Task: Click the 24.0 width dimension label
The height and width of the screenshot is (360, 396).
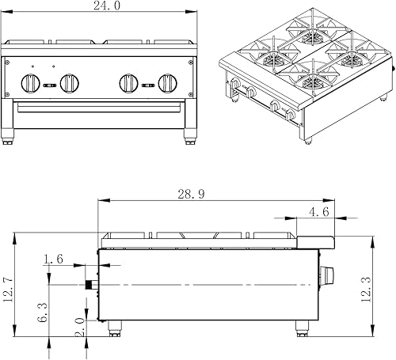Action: pos(107,6)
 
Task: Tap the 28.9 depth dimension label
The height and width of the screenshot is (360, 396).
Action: pos(191,194)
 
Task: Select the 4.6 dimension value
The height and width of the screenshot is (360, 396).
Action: pos(319,212)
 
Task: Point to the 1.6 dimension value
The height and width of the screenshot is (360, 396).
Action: pos(53,259)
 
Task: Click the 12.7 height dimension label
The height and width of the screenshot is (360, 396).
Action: pos(7,290)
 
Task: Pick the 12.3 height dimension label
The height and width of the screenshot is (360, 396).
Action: pos(366,290)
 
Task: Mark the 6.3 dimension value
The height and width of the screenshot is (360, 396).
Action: pos(42,313)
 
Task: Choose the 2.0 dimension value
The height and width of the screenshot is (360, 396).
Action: pos(79,327)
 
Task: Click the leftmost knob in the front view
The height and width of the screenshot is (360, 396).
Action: pos(31,83)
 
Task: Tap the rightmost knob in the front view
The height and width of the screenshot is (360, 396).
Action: pos(168,83)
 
